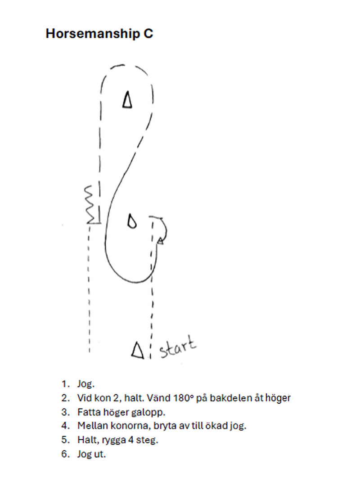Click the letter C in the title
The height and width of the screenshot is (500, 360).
click(148, 34)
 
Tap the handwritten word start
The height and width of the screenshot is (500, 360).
click(178, 347)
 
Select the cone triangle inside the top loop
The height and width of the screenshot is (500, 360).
click(128, 100)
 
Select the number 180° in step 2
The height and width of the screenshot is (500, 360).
click(184, 398)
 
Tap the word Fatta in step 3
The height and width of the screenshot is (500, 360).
click(87, 412)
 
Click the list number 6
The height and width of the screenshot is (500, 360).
click(64, 454)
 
